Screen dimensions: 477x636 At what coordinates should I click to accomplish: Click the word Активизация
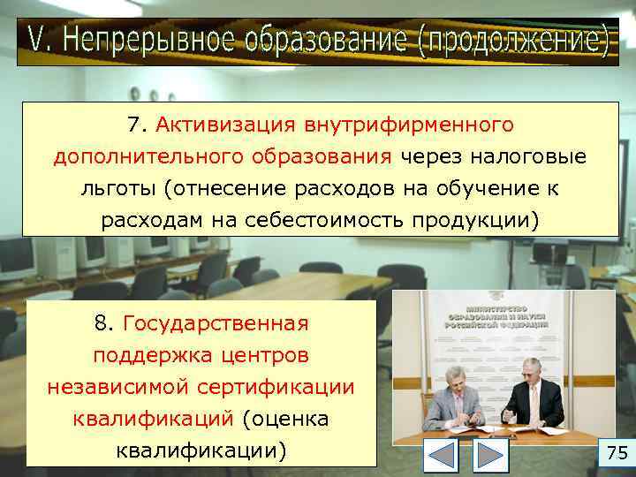232,125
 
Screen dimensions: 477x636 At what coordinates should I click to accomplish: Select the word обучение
489,188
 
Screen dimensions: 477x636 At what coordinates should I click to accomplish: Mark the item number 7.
135,125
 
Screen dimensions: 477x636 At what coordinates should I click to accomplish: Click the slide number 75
617,454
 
